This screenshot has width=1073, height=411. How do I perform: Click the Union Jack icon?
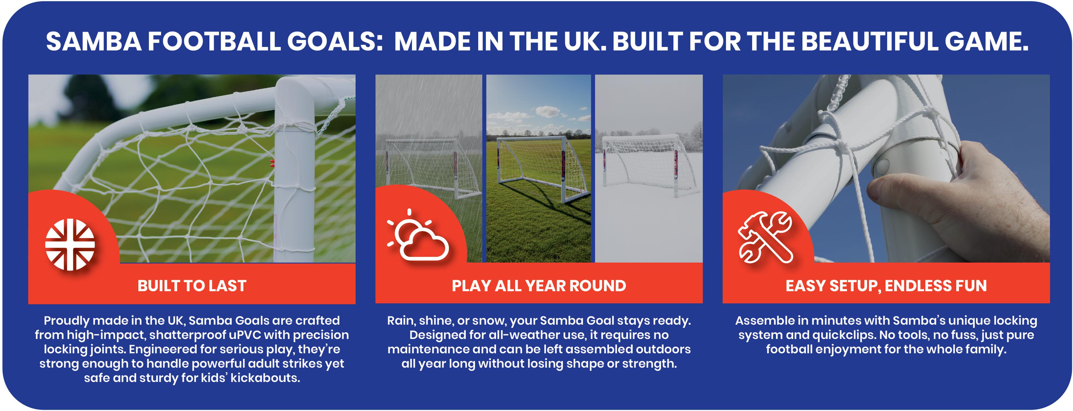[x=70, y=244]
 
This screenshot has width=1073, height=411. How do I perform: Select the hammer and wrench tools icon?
[x=765, y=237]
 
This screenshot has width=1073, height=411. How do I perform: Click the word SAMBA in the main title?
[x=94, y=41]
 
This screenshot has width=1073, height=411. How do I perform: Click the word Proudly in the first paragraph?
[x=66, y=321]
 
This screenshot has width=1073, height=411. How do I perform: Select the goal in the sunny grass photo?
[x=537, y=169]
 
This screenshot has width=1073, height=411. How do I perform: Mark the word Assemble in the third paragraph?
[x=764, y=321]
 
